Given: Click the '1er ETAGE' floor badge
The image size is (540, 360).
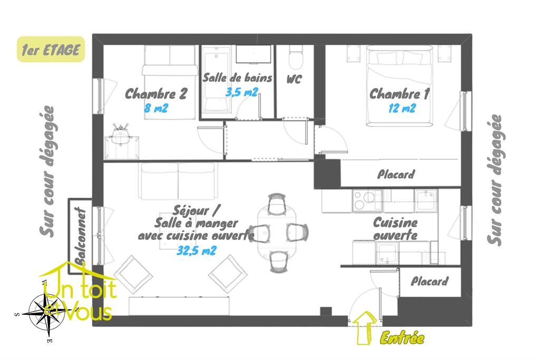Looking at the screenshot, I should coord(51,50).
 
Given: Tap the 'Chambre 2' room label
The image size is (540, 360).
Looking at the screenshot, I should coord(156,94).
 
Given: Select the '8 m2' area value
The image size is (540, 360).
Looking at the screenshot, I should coord(156,109).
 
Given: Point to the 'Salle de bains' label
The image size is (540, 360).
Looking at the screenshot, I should coord(238,78).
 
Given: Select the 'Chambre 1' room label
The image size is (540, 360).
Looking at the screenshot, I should coord(399,94).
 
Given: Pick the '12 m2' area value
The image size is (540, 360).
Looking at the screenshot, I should coord(400,109).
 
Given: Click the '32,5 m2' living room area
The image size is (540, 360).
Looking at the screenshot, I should coord(196,251).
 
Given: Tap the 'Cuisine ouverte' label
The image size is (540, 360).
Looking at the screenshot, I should coord(395,229).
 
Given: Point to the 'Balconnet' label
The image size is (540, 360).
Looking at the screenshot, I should coord(80,235).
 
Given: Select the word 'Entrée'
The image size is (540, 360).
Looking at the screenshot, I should coord(402,338).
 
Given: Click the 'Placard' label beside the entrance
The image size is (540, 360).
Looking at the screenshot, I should coord(430,281).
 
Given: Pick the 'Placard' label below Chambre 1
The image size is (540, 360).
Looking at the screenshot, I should coord(396,174).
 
